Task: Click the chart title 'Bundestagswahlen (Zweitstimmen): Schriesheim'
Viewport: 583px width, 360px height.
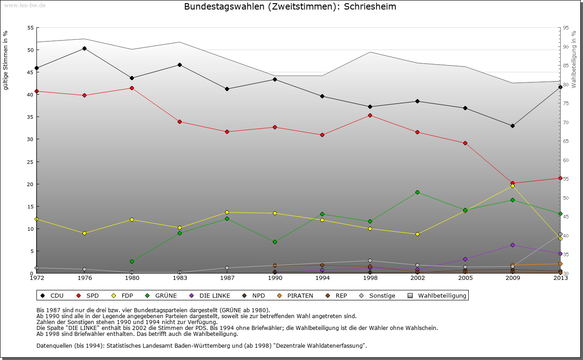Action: click(290, 7)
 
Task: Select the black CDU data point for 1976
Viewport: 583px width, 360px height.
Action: click(84, 48)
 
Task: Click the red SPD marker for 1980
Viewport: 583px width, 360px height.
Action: click(132, 88)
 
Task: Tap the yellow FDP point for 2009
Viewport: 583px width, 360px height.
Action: click(512, 186)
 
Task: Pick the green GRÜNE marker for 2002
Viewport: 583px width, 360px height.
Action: click(418, 192)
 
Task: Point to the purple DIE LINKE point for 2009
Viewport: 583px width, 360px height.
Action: click(512, 245)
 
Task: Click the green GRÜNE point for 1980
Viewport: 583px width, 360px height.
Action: click(132, 261)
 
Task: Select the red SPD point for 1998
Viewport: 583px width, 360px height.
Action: click(370, 115)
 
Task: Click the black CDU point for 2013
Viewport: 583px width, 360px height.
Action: click(560, 87)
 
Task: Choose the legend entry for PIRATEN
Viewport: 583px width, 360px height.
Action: click(296, 295)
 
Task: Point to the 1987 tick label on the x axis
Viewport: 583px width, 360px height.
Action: click(227, 278)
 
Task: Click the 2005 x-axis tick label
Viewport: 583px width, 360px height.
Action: click(465, 278)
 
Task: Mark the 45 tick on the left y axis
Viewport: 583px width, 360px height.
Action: click(31, 72)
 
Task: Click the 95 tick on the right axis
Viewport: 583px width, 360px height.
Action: click(565, 28)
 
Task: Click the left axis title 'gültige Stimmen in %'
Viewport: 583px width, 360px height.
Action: click(6, 60)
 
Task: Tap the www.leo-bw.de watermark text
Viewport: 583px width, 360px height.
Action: click(25, 5)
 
